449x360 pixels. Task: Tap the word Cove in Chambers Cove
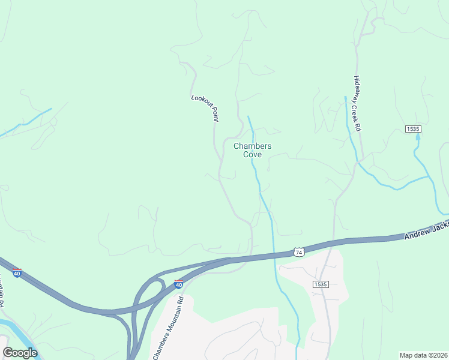tap(252, 154)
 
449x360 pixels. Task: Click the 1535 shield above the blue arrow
tap(413, 129)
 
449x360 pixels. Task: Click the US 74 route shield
tap(298, 252)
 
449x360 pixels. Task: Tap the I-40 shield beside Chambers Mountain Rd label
tap(178, 284)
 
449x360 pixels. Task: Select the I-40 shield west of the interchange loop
tap(17, 273)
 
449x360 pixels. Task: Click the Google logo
tap(20, 352)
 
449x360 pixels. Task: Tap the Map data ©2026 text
tap(423, 355)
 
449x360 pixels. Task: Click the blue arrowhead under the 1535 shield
tap(418, 137)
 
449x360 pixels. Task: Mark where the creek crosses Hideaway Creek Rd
tap(359, 161)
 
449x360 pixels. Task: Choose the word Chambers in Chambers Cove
tap(252, 146)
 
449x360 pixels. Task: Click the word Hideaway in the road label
tap(356, 88)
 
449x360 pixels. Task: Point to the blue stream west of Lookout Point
tap(27, 123)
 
